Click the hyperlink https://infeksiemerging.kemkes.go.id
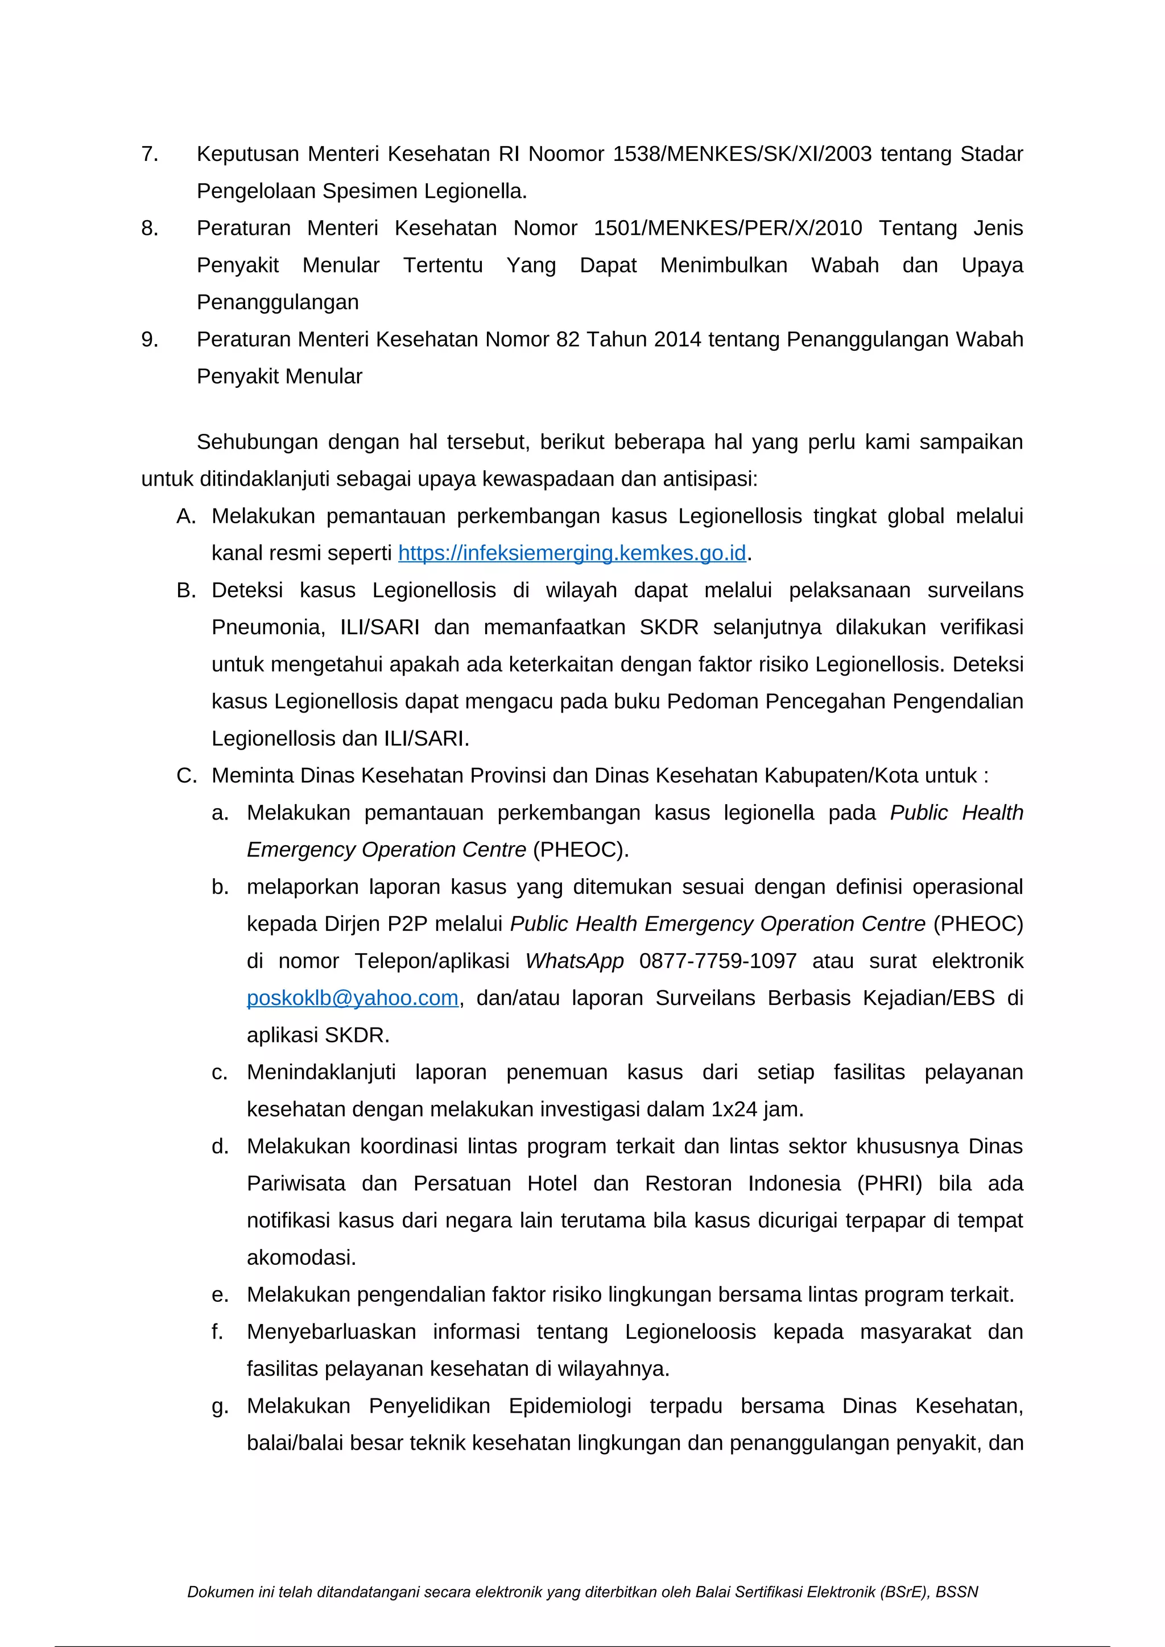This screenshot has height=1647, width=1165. pyautogui.click(x=572, y=553)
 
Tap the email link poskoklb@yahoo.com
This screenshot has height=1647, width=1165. pyautogui.click(x=352, y=998)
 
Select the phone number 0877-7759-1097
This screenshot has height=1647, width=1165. pyautogui.click(x=717, y=961)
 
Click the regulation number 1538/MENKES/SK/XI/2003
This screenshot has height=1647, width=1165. pyautogui.click(x=742, y=154)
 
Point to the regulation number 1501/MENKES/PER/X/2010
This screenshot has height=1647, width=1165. pyautogui.click(x=728, y=228)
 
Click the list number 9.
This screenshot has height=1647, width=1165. pyautogui.click(x=149, y=340)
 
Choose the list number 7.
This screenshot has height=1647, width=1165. pyautogui.click(x=149, y=154)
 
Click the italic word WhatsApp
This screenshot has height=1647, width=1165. pyautogui.click(x=574, y=961)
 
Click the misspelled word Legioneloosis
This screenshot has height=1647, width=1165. pyautogui.click(x=690, y=1331)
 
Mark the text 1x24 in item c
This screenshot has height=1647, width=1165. pyautogui.click(x=734, y=1109)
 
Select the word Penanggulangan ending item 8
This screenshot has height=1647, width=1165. pyautogui.click(x=278, y=302)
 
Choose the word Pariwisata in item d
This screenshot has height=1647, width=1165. pyautogui.click(x=296, y=1183)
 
